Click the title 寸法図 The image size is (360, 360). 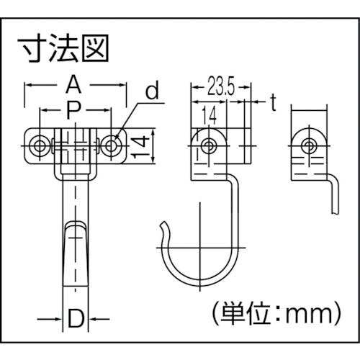63,48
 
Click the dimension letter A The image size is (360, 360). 73,84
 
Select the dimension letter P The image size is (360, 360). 75,110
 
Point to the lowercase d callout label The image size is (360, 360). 153,90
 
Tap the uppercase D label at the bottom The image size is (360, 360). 76,319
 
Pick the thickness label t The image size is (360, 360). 273,102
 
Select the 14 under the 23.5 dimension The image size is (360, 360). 209,115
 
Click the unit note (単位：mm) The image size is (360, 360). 276,314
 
